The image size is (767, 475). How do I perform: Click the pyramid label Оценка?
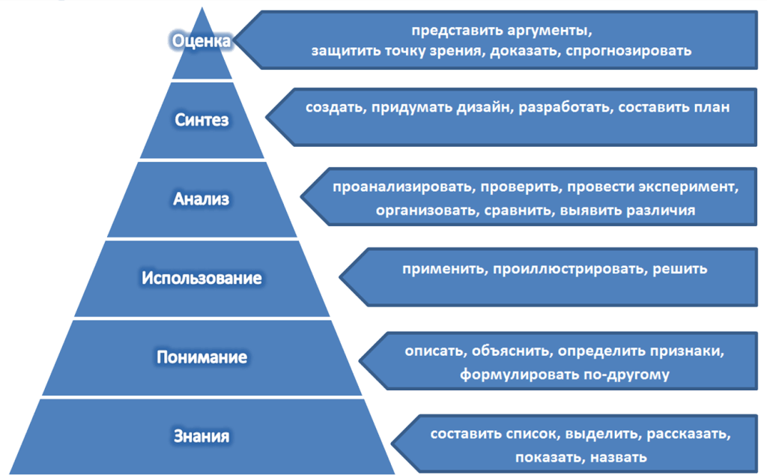click(x=201, y=40)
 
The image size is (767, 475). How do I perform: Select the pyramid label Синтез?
click(x=201, y=120)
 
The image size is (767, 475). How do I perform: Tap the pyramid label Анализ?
click(x=201, y=199)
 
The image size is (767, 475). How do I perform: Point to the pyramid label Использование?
click(x=202, y=279)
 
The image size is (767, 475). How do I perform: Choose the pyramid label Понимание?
click(x=201, y=357)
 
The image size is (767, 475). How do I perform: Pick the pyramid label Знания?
click(x=201, y=436)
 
